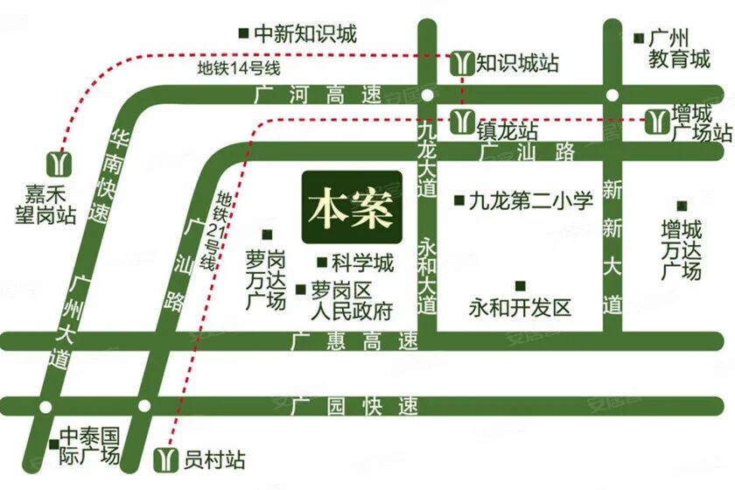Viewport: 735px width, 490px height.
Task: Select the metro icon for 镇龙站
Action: (x=461, y=122)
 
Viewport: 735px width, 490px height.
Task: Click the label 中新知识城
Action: (x=305, y=34)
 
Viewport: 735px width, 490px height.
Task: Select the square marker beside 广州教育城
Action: (x=638, y=38)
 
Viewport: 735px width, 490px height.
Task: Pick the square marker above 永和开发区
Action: (x=520, y=285)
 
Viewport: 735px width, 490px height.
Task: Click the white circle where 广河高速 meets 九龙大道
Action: (x=426, y=94)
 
